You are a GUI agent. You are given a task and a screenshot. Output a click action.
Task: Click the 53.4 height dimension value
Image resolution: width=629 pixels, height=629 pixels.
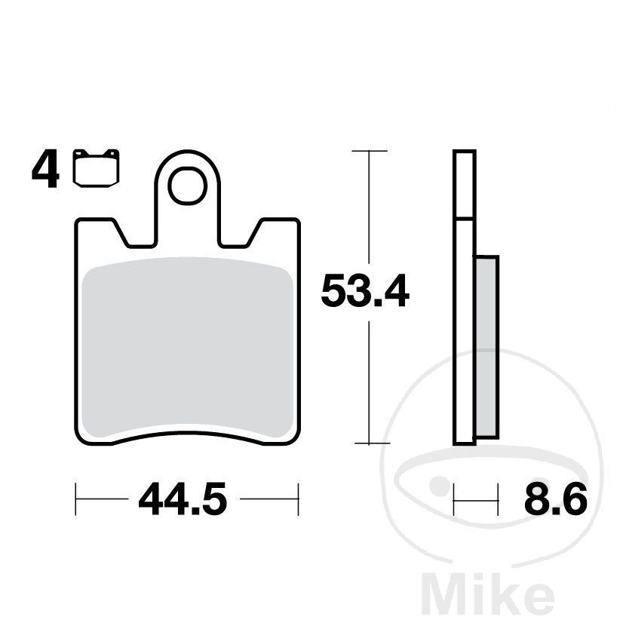[365, 290]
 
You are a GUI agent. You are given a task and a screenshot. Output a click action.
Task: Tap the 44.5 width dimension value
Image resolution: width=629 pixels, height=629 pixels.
[183, 499]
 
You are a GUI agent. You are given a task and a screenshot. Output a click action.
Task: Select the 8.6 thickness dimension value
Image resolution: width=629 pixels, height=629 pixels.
[556, 499]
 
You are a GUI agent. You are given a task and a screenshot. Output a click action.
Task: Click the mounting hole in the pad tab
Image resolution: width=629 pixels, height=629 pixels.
[187, 186]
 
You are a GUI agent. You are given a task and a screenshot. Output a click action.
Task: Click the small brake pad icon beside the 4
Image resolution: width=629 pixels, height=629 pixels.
[97, 167]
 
